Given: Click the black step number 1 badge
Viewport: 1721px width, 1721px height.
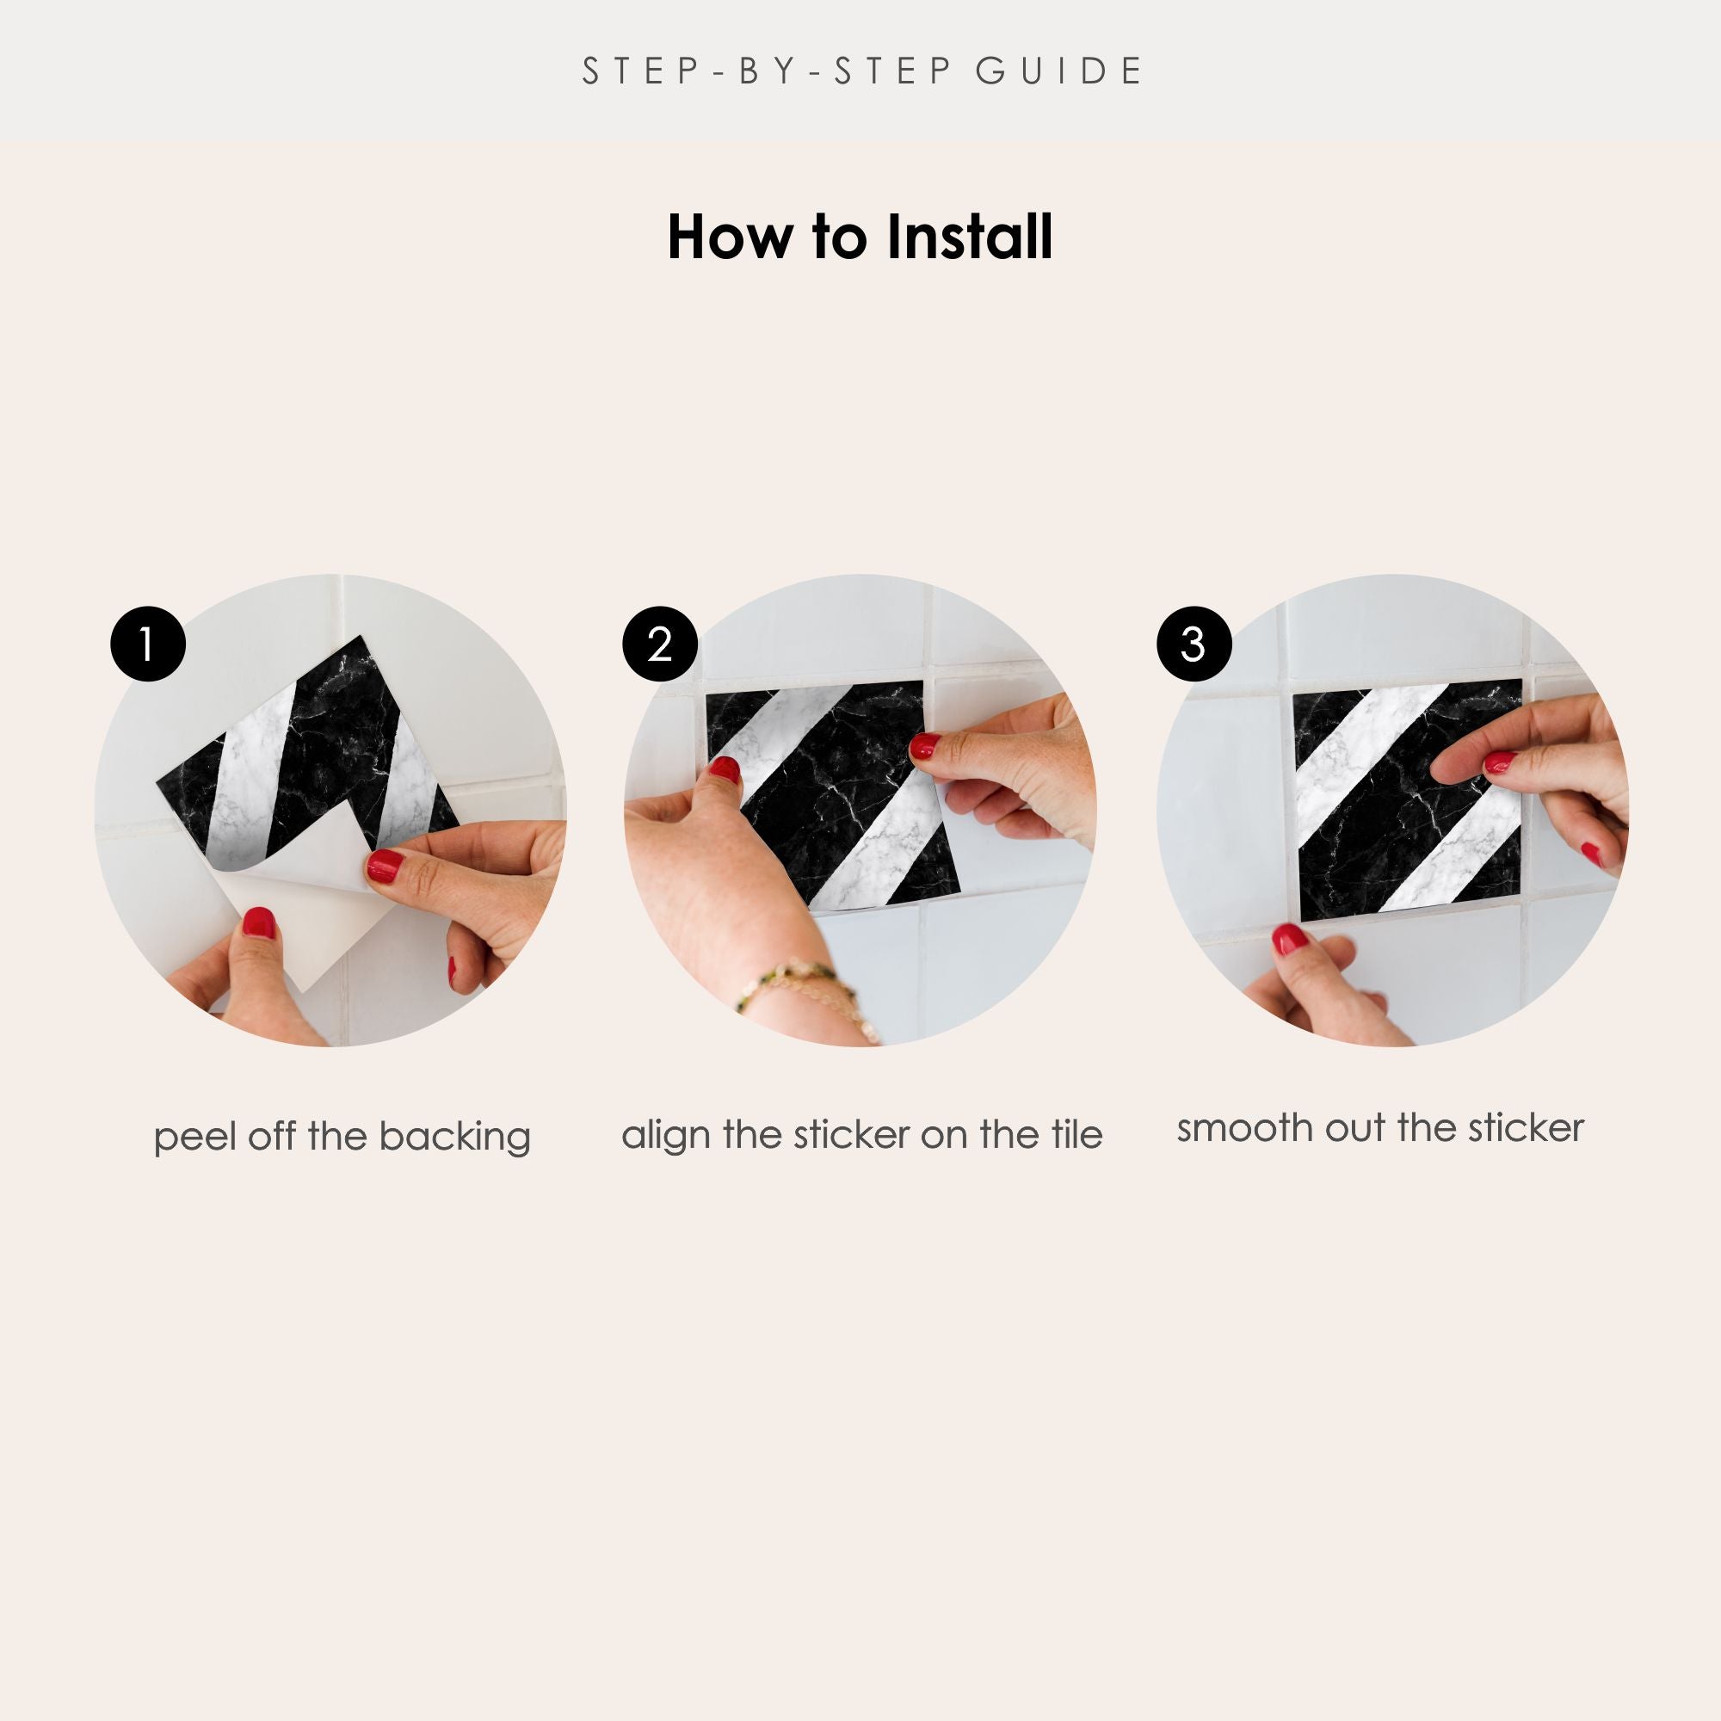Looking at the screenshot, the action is pyautogui.click(x=148, y=644).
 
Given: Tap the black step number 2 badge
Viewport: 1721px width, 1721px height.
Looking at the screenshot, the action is pyautogui.click(x=659, y=644).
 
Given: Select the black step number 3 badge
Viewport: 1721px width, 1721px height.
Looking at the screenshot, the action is pyautogui.click(x=1194, y=644).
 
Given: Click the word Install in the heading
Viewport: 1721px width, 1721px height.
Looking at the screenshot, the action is pyautogui.click(x=969, y=237).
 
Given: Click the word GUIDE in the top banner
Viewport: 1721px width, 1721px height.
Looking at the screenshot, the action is pyautogui.click(x=1059, y=71).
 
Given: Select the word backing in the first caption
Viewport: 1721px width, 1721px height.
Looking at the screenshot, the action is pyautogui.click(x=454, y=1138).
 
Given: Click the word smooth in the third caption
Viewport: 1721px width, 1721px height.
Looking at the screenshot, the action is pyautogui.click(x=1244, y=1129).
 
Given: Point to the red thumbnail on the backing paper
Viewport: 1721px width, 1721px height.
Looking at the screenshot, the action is pyautogui.click(x=258, y=922).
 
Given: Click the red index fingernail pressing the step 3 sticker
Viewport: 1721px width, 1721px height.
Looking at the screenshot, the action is pyautogui.click(x=1500, y=762).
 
